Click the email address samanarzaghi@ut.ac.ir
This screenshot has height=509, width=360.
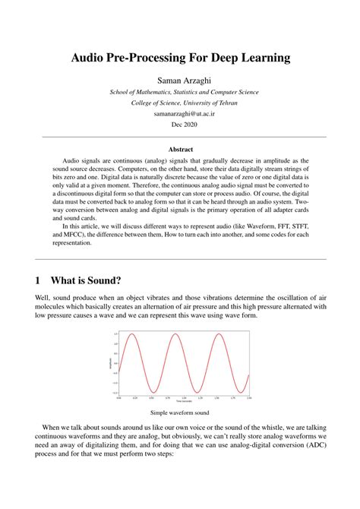(x=180, y=112)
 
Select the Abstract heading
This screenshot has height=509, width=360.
(x=180, y=150)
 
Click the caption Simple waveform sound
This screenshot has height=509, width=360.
(x=179, y=413)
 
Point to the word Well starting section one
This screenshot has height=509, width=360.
(x=44, y=296)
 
